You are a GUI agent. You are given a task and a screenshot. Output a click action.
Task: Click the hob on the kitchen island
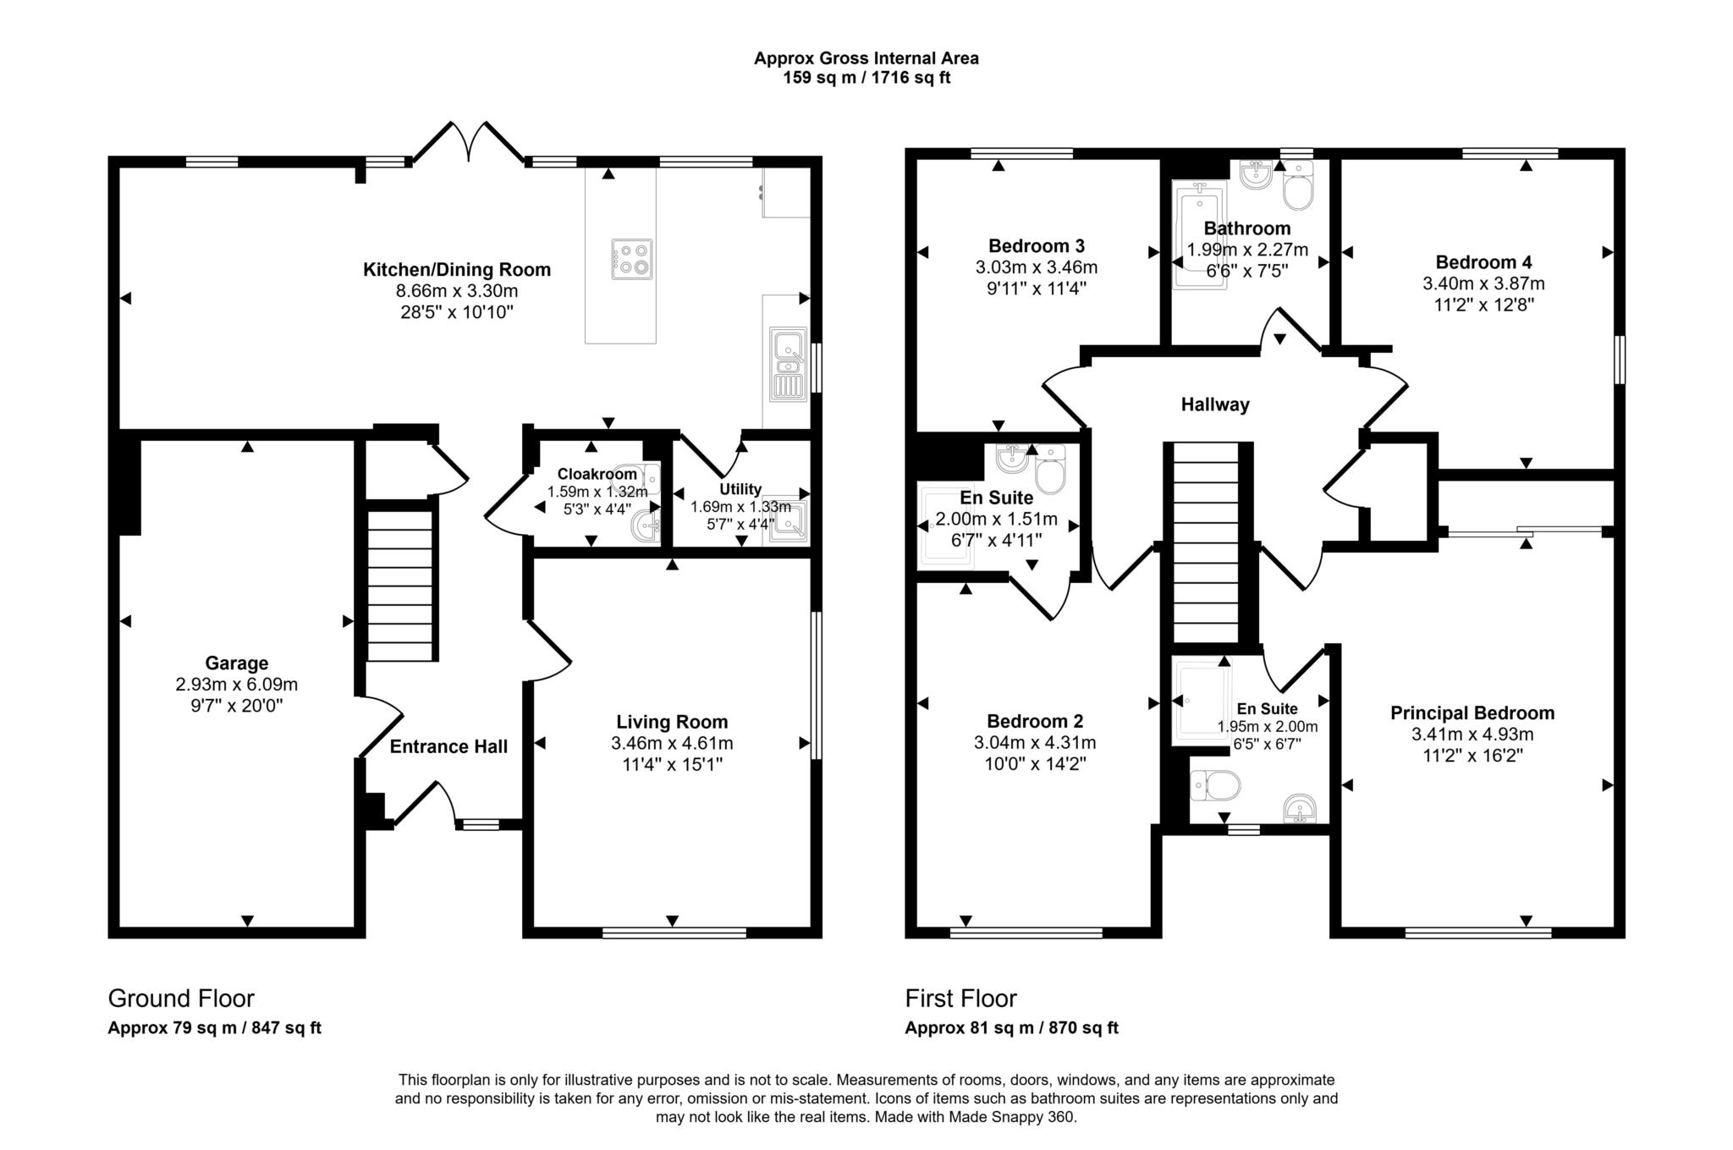(x=632, y=259)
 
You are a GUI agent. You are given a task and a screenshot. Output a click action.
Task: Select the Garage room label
(x=236, y=663)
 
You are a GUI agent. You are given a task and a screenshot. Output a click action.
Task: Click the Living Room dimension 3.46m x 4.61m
(x=672, y=744)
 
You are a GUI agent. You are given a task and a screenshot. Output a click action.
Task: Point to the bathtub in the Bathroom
(x=1199, y=234)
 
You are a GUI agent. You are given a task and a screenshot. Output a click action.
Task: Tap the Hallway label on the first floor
(x=1215, y=404)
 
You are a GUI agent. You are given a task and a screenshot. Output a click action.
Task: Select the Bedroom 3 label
(x=1036, y=246)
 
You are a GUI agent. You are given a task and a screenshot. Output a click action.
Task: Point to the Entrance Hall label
(x=448, y=746)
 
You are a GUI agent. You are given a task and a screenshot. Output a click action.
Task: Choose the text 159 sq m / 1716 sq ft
(x=866, y=78)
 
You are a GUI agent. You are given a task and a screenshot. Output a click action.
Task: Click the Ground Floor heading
(x=181, y=999)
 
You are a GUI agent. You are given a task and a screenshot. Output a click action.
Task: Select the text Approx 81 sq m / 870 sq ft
(x=1011, y=1028)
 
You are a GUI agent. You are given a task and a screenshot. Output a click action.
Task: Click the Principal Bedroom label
(x=1472, y=713)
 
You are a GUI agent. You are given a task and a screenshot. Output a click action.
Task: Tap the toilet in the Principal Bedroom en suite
(x=1215, y=786)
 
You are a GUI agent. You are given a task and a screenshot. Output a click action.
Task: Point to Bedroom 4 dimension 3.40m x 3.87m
(x=1483, y=283)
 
